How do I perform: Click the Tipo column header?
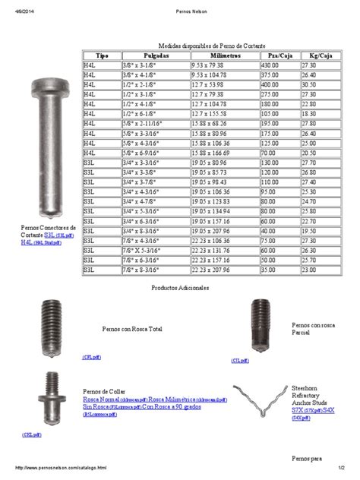[x=101, y=56]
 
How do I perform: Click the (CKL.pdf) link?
[x=30, y=434]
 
